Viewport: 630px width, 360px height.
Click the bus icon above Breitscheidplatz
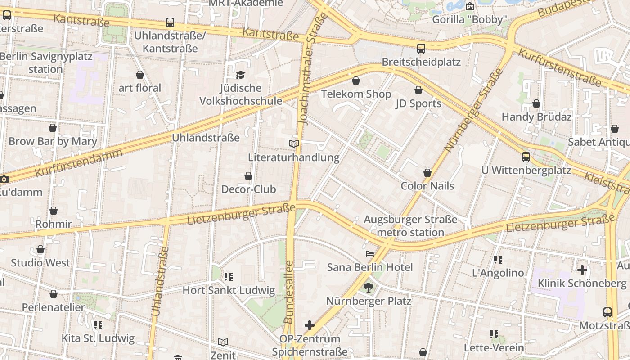pos(421,49)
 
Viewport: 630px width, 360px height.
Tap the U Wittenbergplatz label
pos(526,171)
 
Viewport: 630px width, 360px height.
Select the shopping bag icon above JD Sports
pos(418,90)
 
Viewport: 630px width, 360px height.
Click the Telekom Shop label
pos(356,94)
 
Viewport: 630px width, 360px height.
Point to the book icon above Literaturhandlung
pos(294,144)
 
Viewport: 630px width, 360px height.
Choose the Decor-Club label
pos(248,189)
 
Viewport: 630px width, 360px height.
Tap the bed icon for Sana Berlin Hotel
pos(370,254)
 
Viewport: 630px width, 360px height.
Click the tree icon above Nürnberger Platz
pos(369,288)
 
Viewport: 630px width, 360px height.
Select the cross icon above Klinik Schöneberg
pos(582,270)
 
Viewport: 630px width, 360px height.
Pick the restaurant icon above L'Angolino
pos(498,260)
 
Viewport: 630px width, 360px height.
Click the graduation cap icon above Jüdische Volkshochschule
pos(241,75)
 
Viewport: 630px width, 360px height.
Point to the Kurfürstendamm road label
pos(79,163)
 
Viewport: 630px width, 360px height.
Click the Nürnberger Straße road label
pos(473,110)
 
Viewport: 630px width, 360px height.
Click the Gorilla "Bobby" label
pos(469,20)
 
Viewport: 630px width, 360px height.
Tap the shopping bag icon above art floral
pos(140,75)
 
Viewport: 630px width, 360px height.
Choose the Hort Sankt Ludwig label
pos(229,290)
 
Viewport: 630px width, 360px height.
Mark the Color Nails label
pos(427,186)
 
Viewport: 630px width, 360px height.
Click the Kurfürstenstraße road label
pos(559,67)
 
